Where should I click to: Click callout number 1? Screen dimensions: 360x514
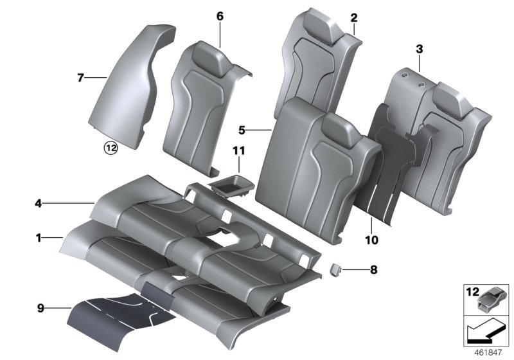39,238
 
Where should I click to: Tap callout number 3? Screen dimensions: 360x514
419,49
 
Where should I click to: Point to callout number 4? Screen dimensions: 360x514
39,204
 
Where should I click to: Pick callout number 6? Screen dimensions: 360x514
220,17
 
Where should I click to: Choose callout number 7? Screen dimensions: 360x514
80,78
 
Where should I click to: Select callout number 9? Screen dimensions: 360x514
39,308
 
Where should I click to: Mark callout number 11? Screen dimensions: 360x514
239,151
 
